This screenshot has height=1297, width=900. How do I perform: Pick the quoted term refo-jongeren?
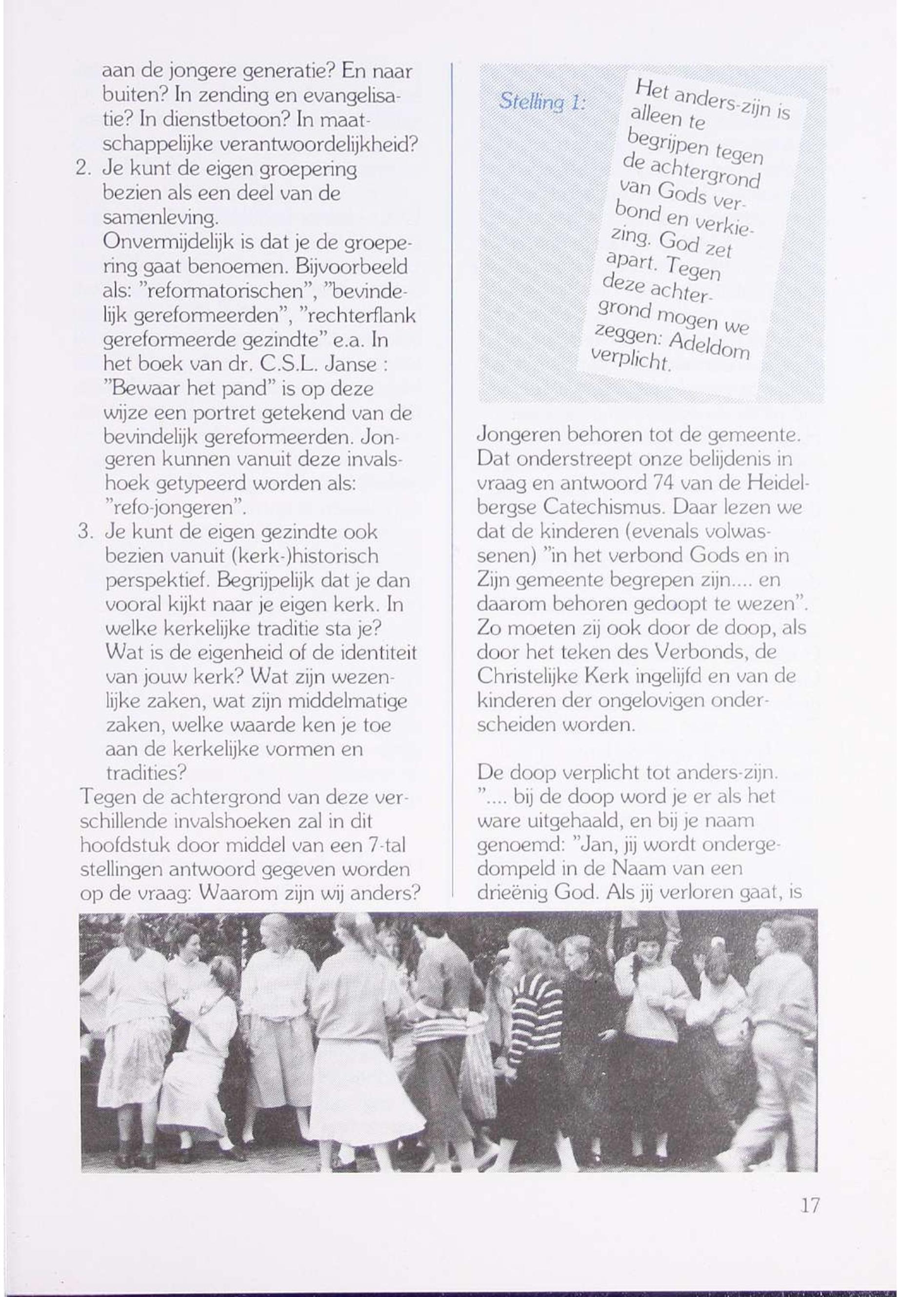coord(175,508)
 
